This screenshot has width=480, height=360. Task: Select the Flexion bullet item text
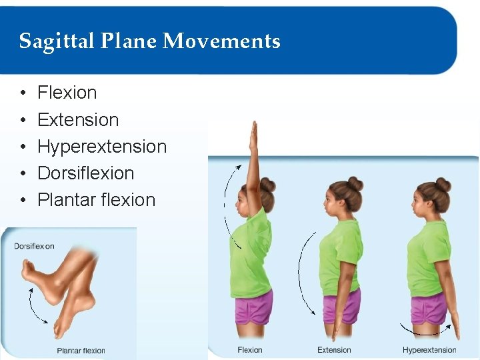67,93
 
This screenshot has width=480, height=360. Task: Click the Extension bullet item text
78,120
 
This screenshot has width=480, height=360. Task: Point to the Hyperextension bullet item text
102,147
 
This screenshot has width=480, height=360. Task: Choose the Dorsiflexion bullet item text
86,173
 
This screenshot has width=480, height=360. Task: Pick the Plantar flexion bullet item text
96,200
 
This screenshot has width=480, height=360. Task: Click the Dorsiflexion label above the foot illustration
35,246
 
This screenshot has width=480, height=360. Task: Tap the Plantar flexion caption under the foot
81,351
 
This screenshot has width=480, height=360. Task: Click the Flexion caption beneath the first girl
250,350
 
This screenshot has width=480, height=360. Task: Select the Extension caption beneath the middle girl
334,350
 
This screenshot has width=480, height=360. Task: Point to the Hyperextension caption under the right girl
429,350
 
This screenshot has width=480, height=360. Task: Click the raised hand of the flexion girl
253,137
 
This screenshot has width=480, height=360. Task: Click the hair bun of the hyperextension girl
443,184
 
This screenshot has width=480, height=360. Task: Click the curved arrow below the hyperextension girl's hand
425,331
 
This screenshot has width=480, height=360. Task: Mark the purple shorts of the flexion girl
254,307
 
